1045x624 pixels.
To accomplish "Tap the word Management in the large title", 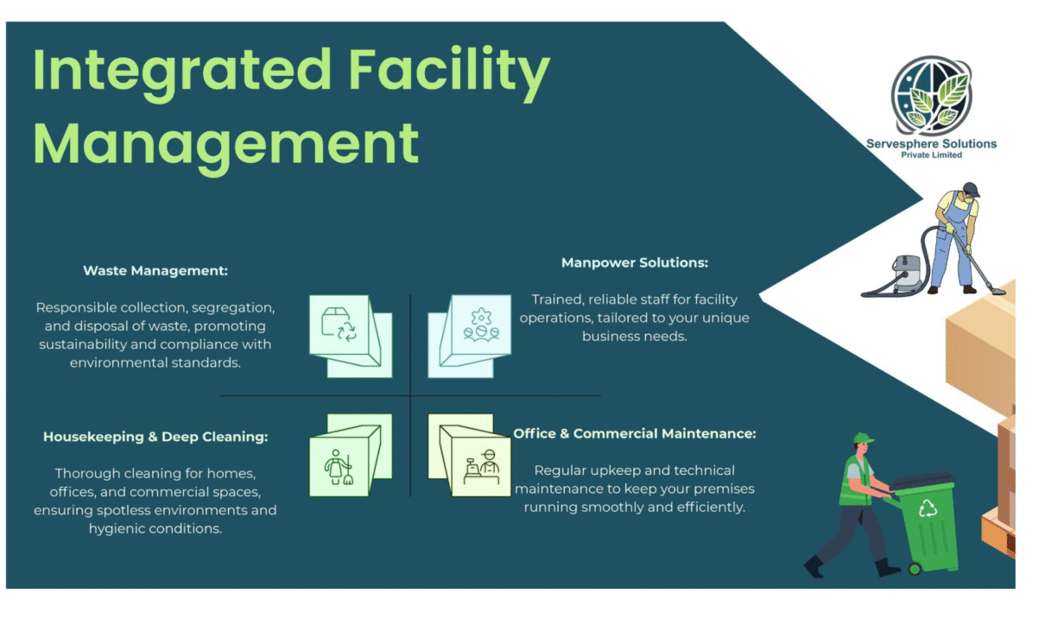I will (225, 142).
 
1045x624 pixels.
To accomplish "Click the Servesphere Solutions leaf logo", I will (931, 96).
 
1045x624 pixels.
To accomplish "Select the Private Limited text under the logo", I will (931, 154).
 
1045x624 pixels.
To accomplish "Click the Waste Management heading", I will (155, 271).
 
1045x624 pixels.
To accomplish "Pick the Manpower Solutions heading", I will (635, 262).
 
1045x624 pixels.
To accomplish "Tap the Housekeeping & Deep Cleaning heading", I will (155, 437).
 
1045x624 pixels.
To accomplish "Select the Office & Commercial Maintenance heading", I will (635, 433).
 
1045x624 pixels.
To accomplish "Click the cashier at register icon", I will (481, 467).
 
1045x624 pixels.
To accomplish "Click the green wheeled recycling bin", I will (927, 523).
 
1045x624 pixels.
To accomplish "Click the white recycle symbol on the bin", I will (928, 509).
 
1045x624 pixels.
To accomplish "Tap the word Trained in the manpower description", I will (557, 299).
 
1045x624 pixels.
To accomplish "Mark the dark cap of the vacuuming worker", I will (971, 188).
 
